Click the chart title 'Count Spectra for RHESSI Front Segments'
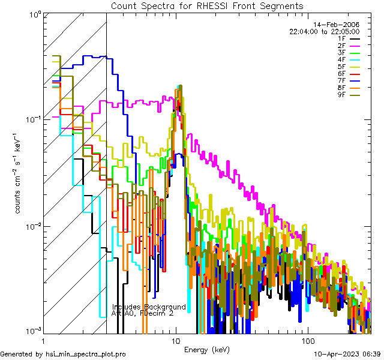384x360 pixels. click(x=207, y=5)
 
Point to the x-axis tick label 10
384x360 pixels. click(x=175, y=340)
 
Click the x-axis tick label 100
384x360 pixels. click(x=307, y=340)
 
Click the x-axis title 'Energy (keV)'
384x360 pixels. click(x=207, y=349)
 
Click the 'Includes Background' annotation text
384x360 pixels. click(x=149, y=307)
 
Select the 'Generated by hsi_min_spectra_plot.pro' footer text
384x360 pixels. click(x=63, y=355)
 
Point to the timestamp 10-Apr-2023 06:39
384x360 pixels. click(x=347, y=355)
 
